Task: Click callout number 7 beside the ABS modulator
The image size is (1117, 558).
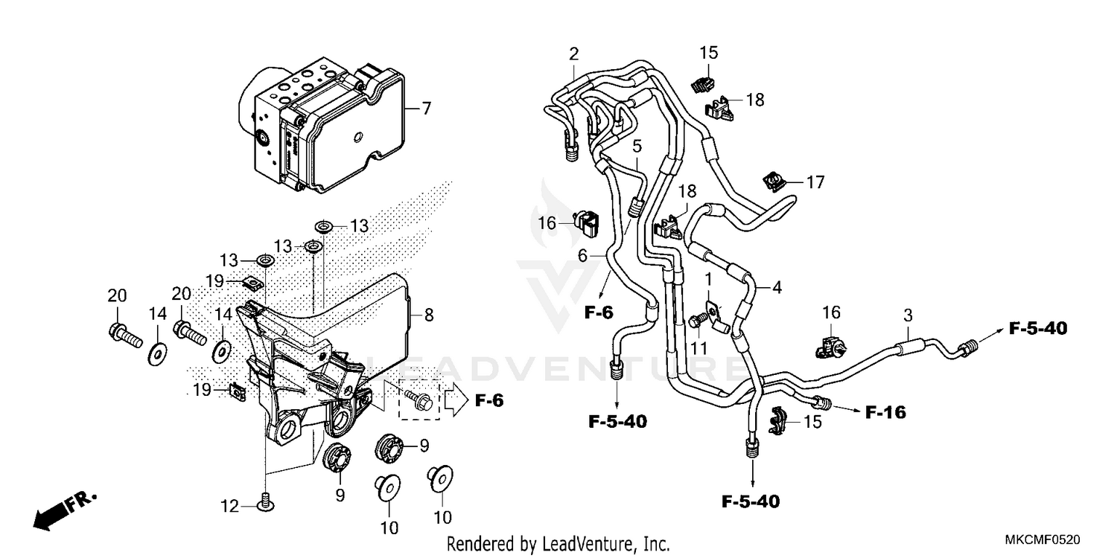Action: pos(426,109)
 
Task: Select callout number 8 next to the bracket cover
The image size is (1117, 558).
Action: pos(428,315)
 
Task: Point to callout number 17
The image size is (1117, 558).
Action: pos(815,182)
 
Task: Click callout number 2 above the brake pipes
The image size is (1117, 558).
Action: pos(573,54)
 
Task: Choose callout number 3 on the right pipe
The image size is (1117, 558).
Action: pos(908,315)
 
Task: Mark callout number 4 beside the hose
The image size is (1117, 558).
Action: pos(777,286)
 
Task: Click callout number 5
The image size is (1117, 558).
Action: pos(638,144)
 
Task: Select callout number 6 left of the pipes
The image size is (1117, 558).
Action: pos(583,255)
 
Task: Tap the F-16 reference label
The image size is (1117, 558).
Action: pos(885,411)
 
